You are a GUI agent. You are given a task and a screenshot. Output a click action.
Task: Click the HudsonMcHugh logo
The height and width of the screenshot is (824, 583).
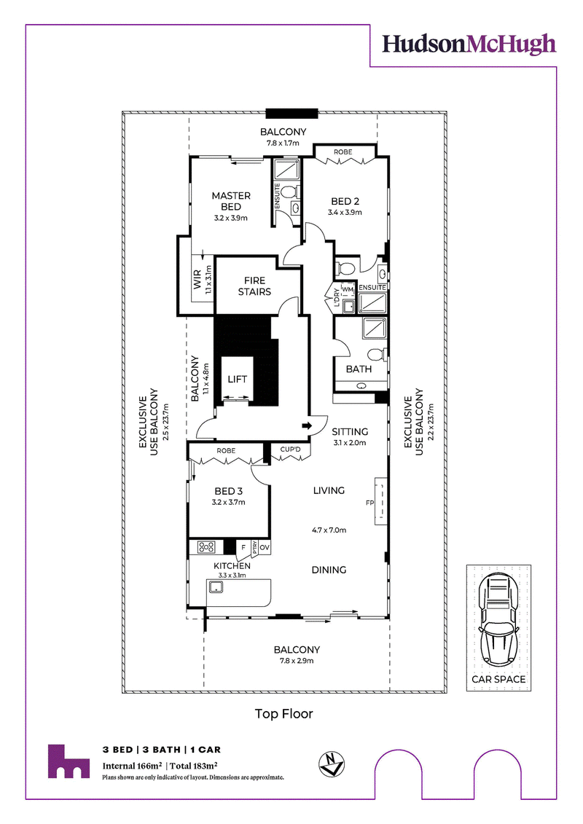[469, 44]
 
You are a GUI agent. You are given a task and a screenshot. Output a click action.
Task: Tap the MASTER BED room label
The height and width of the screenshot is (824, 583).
[231, 201]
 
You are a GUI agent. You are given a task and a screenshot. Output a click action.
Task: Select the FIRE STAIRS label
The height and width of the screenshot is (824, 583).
[254, 286]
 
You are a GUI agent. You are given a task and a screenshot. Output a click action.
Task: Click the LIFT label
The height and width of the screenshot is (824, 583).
[237, 380]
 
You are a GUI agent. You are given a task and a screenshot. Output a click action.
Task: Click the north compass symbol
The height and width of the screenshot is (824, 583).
[331, 764]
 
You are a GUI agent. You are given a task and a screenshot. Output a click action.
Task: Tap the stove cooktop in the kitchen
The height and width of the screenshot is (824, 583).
[206, 547]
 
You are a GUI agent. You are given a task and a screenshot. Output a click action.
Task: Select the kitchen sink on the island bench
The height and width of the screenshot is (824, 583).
[216, 587]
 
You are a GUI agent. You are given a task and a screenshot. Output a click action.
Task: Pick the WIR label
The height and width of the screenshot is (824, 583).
[197, 280]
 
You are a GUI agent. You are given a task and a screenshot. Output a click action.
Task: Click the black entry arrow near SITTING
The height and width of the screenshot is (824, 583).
[308, 425]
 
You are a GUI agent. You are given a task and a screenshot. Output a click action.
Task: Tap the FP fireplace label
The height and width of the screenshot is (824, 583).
[369, 503]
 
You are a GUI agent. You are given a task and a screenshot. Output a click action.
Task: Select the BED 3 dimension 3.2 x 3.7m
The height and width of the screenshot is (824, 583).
[228, 503]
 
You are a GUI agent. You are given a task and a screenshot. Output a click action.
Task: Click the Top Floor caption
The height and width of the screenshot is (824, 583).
[284, 714]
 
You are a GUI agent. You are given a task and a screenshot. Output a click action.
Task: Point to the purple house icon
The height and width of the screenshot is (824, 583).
[69, 761]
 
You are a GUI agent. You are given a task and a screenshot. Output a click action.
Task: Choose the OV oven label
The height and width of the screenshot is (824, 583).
[265, 548]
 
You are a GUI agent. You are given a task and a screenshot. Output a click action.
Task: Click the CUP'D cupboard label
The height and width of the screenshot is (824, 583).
[290, 450]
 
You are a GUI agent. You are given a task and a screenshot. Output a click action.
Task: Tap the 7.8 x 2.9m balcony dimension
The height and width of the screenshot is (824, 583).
[297, 661]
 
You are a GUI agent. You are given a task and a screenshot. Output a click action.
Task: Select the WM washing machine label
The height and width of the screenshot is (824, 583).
[348, 289]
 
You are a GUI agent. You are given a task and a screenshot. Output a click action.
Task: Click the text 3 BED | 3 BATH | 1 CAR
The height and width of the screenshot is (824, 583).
[161, 750]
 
